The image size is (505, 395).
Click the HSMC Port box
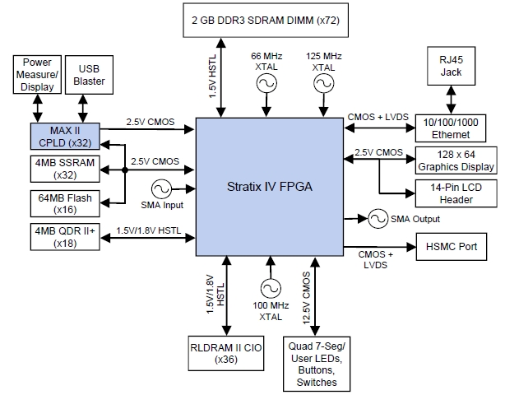tap(452, 247)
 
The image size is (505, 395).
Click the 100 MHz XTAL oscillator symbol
tap(269, 287)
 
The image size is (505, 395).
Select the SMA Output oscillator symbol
tap(378, 219)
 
